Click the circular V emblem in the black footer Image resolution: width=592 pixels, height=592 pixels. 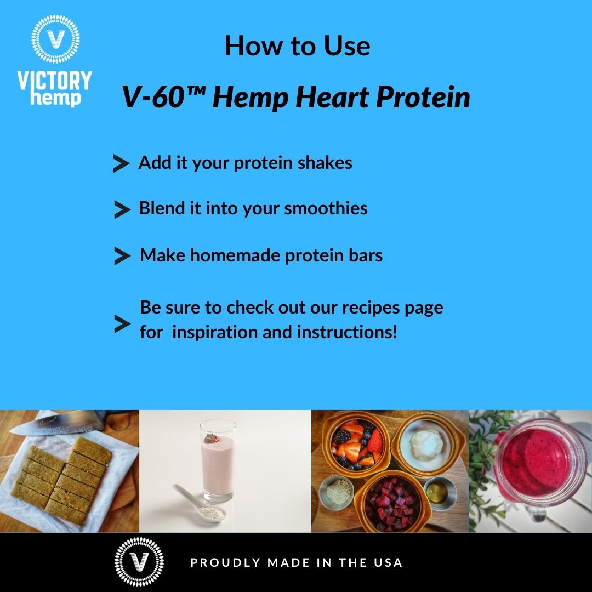(x=139, y=562)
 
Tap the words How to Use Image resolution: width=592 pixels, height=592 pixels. (x=297, y=46)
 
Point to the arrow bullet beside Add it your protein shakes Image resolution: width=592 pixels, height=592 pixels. (x=121, y=163)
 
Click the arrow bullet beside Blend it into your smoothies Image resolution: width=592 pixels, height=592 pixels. (x=121, y=209)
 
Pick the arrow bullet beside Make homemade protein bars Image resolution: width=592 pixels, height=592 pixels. (x=121, y=256)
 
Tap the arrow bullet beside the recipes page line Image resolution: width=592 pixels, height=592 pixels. (x=121, y=324)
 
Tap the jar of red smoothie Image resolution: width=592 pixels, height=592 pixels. (x=538, y=469)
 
